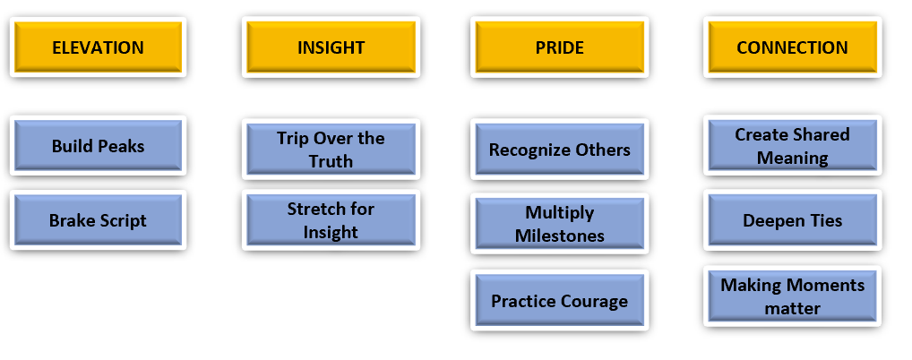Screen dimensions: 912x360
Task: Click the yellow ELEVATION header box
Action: pos(98,47)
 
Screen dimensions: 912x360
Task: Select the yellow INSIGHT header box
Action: pos(331,47)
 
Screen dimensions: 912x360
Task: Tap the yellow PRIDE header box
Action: pos(560,47)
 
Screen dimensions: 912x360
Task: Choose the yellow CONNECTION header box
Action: pos(793,47)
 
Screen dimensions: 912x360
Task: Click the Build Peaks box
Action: pos(98,145)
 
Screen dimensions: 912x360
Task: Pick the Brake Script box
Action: pos(98,219)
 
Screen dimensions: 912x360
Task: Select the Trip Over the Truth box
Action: pos(331,150)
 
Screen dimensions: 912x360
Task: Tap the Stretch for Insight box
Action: pos(331,219)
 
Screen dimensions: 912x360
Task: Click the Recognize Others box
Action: pos(560,150)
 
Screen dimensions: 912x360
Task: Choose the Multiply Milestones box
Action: pos(560,223)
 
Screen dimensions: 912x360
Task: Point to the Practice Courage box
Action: pos(560,300)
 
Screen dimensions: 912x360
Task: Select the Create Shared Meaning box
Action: pos(793,145)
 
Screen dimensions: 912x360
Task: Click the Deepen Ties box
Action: pos(793,219)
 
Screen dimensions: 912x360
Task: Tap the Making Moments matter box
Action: pos(793,296)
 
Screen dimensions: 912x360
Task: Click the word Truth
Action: pos(331,161)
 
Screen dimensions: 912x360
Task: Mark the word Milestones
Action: pos(560,236)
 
